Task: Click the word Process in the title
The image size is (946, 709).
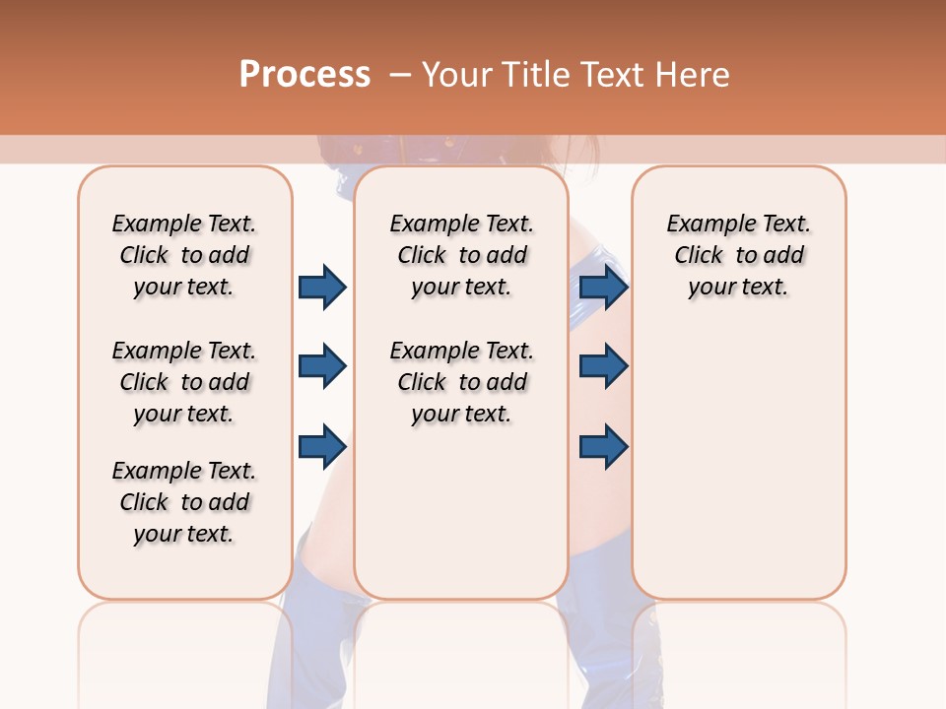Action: [304, 75]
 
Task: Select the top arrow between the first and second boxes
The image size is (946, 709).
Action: [322, 288]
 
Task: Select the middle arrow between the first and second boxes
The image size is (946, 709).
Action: [322, 367]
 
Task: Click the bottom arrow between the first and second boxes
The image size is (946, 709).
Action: [322, 446]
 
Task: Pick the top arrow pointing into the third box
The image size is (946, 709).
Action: [603, 288]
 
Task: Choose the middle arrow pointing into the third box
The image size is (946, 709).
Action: [603, 367]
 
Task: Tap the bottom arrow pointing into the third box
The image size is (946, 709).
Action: [603, 446]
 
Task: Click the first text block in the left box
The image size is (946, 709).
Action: [184, 255]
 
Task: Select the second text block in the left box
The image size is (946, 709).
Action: [184, 382]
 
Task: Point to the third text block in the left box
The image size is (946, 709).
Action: [184, 502]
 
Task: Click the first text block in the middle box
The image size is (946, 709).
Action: [461, 255]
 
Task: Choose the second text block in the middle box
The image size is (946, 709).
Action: [461, 382]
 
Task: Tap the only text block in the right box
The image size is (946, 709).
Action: [738, 255]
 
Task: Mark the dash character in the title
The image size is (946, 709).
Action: [400, 76]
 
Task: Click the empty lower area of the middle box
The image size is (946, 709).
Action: [461, 512]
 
